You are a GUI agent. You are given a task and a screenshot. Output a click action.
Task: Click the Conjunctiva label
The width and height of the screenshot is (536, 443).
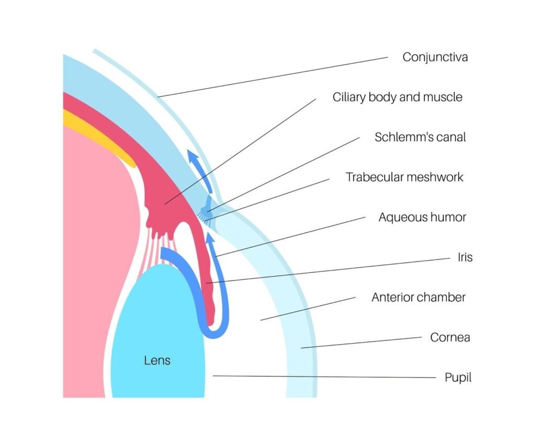tap(434, 57)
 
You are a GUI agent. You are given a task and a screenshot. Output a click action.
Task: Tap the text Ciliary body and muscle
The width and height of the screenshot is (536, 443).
tap(397, 97)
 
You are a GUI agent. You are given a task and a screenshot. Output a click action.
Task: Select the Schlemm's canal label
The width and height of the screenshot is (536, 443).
tap(420, 137)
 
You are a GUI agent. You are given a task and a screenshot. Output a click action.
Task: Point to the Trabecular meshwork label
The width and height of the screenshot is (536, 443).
tap(404, 177)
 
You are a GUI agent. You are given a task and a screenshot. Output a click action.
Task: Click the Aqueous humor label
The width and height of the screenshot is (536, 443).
tap(422, 217)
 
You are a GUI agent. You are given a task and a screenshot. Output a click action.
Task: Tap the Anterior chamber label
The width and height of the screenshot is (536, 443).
tap(418, 297)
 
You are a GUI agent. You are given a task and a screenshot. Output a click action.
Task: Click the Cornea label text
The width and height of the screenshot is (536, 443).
tap(450, 337)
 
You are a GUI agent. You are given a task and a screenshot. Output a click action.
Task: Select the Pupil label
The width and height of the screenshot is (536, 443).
tap(458, 377)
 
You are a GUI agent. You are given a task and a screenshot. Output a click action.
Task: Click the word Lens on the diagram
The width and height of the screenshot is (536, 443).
tap(157, 360)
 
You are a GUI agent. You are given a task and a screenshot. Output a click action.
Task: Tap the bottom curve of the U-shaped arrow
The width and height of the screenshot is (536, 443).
tap(215, 333)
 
